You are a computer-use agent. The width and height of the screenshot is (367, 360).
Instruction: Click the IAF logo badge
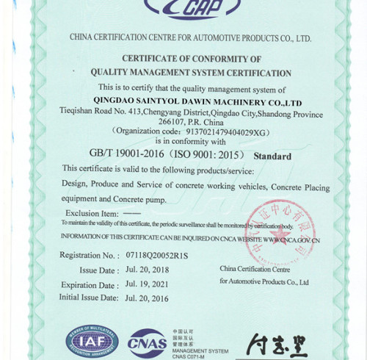click(x=92, y=340)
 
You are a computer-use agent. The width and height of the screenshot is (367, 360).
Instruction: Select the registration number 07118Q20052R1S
click(x=156, y=256)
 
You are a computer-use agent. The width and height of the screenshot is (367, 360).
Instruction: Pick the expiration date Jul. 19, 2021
click(x=147, y=284)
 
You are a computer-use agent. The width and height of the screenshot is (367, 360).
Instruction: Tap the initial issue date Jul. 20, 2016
click(x=147, y=298)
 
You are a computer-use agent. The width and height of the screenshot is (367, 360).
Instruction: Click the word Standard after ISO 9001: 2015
click(x=272, y=156)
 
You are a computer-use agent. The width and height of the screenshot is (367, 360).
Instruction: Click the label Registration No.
click(x=89, y=256)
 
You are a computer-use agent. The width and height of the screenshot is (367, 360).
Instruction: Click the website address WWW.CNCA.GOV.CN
click(x=291, y=240)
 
